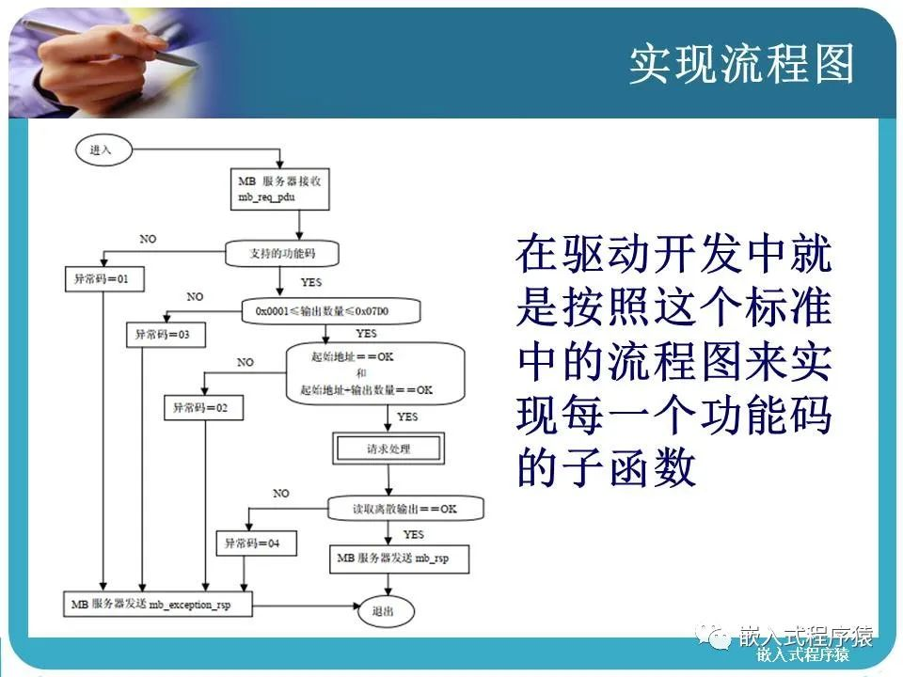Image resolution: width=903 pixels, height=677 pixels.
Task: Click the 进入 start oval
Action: (x=101, y=150)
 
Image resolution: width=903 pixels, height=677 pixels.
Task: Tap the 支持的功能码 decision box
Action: (x=280, y=252)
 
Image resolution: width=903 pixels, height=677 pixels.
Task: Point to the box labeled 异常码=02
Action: (x=203, y=408)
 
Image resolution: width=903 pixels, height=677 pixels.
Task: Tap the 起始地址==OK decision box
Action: (x=375, y=373)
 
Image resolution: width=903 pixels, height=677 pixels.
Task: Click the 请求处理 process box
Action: (x=388, y=449)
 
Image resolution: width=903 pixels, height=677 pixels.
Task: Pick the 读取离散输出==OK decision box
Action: (x=405, y=509)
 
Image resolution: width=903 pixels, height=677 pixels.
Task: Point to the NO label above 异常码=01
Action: (x=148, y=239)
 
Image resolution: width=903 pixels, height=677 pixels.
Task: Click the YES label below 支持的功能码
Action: (x=311, y=282)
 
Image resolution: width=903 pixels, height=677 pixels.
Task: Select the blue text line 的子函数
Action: (x=606, y=466)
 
